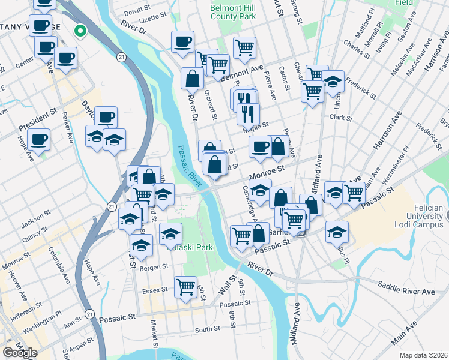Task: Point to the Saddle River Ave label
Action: (x=406, y=292)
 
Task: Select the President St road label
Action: (x=37, y=120)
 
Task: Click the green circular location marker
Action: (x=80, y=31)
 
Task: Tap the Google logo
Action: (x=20, y=352)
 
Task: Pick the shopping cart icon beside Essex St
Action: (x=186, y=286)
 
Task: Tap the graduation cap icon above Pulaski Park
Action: (x=171, y=232)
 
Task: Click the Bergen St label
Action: (x=152, y=268)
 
